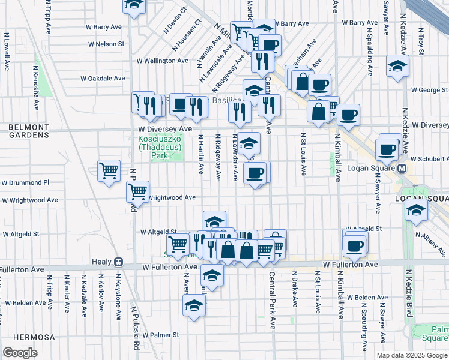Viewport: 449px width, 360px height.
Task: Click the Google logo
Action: pos(20,353)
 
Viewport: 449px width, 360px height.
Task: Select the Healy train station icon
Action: pos(119,262)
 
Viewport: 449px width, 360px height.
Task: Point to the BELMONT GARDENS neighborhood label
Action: pos(28,131)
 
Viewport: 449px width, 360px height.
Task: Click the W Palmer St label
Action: pos(157,335)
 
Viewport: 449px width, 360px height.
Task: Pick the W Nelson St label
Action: pos(106,44)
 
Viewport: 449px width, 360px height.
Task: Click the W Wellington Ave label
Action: pos(162,61)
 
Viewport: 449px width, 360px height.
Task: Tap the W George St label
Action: pos(429,90)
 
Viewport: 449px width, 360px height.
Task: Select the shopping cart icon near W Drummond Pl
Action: pos(109,171)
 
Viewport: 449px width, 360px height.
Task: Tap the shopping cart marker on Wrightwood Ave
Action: pos(138,192)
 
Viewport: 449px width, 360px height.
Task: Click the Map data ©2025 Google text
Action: pos(412,355)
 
